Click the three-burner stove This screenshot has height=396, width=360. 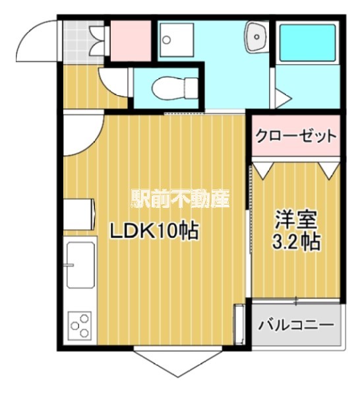(79, 325)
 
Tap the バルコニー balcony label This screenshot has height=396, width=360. (296, 325)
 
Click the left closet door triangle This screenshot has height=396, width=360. (263, 169)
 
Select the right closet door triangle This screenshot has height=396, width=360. (330, 169)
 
